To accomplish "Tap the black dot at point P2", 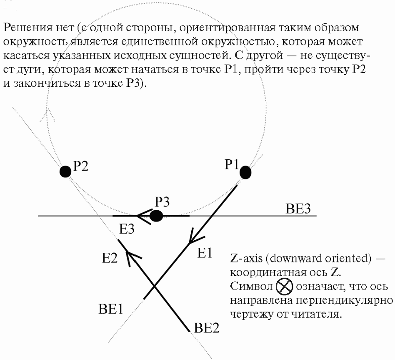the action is (65, 171).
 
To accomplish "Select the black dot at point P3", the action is (156, 216).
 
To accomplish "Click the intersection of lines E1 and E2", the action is (154, 286).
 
